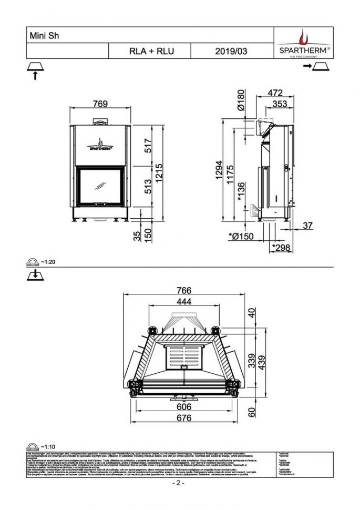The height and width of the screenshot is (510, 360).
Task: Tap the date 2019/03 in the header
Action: tap(230, 52)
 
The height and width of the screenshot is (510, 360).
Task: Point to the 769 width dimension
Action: tap(100, 104)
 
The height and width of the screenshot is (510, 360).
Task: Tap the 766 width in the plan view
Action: tap(183, 290)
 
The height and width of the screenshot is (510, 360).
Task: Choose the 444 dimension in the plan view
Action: tap(183, 302)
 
